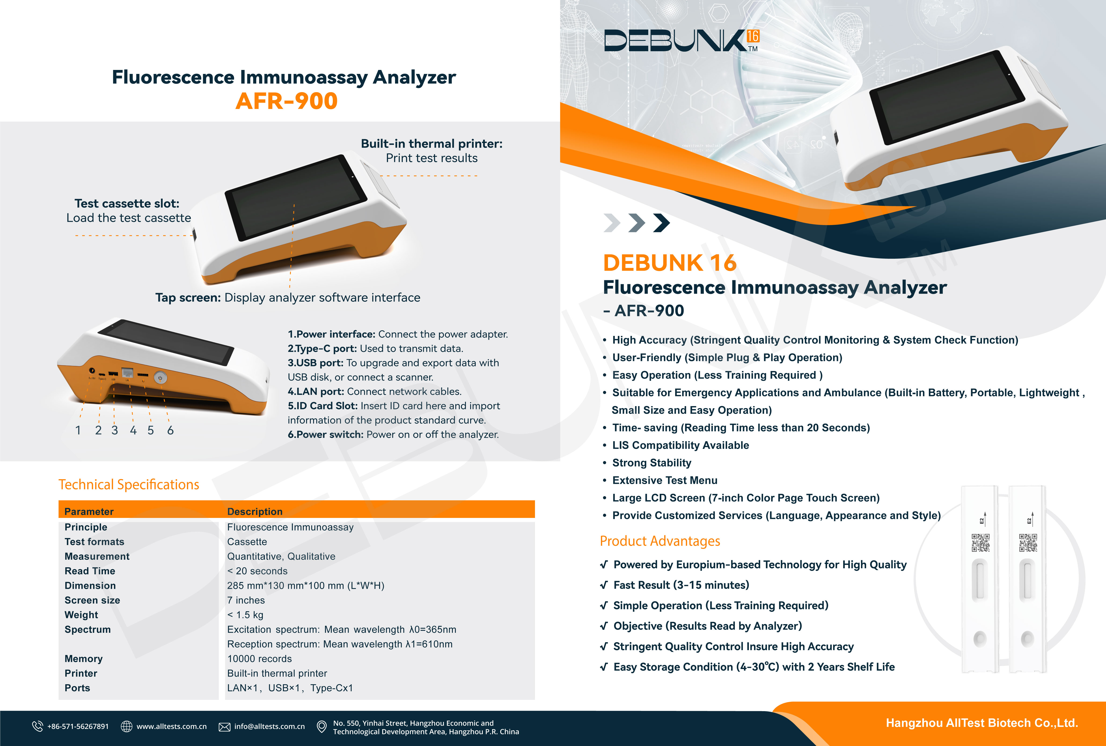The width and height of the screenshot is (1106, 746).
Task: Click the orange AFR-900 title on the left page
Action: click(286, 101)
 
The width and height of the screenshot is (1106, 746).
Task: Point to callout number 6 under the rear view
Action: click(170, 430)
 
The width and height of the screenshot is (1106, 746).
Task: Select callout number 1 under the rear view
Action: click(78, 430)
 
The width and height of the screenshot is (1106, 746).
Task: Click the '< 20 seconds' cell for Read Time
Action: click(257, 571)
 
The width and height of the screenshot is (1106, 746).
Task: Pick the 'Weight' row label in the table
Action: click(81, 615)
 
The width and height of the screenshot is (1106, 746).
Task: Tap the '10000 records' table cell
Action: click(259, 659)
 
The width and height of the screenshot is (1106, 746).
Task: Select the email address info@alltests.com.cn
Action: click(269, 727)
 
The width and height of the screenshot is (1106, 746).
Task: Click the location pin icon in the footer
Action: click(322, 727)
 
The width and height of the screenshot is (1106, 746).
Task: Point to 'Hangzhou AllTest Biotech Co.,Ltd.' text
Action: click(982, 723)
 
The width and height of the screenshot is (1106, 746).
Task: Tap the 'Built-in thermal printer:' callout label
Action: click(432, 144)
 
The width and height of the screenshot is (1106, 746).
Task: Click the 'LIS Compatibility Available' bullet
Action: click(681, 445)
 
